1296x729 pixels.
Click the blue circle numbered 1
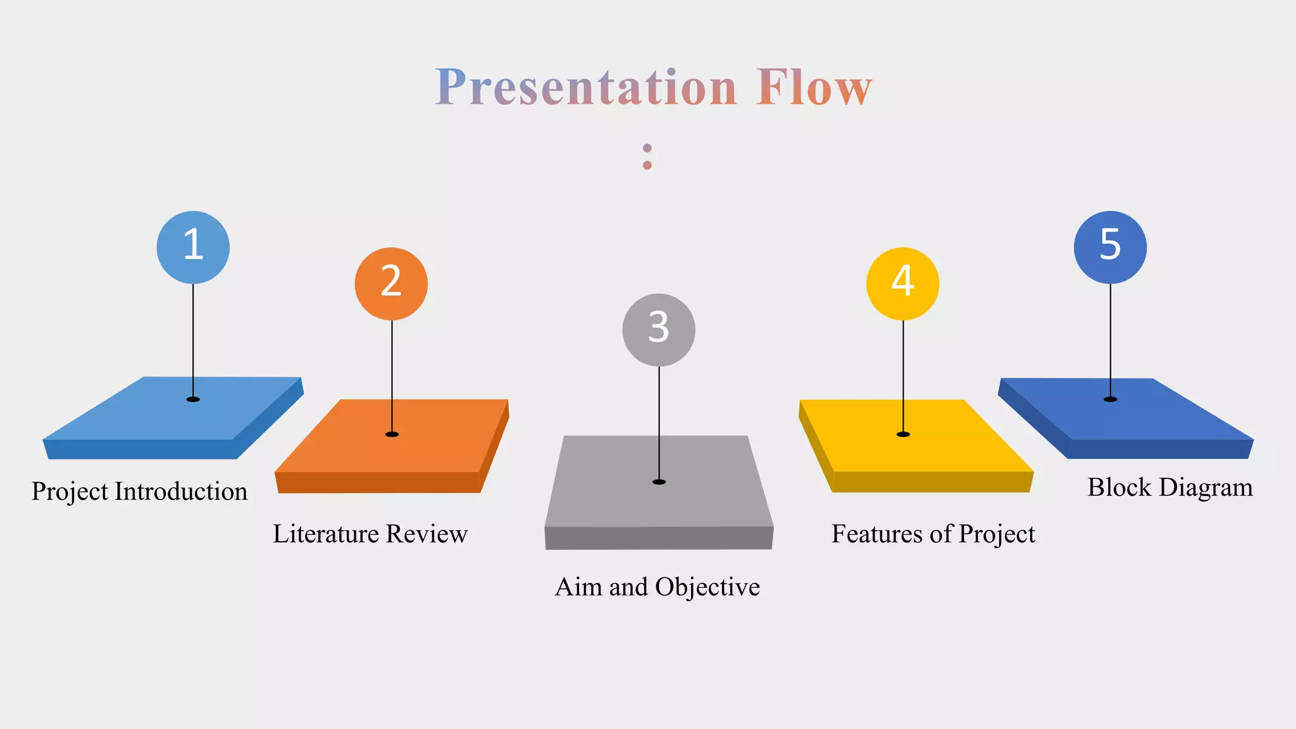[193, 247]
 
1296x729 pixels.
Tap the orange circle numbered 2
[391, 283]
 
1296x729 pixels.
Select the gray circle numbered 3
[659, 330]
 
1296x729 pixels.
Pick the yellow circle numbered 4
[902, 283]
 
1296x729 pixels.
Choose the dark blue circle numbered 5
[1110, 247]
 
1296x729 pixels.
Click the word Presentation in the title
[586, 87]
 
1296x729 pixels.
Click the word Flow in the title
[814, 87]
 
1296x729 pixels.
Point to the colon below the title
[647, 156]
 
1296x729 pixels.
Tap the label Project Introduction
[139, 492]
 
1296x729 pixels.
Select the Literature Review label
[370, 534]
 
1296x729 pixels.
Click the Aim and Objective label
[657, 587]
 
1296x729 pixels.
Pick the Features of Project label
[933, 534]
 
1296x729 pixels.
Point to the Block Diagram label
[1170, 488]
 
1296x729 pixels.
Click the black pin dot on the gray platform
[659, 482]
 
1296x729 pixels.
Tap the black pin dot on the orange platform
[392, 434]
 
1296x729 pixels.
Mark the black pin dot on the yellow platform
[903, 434]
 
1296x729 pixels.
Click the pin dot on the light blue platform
[193, 399]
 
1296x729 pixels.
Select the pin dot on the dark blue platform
[1110, 399]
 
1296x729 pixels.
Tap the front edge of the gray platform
[659, 538]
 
